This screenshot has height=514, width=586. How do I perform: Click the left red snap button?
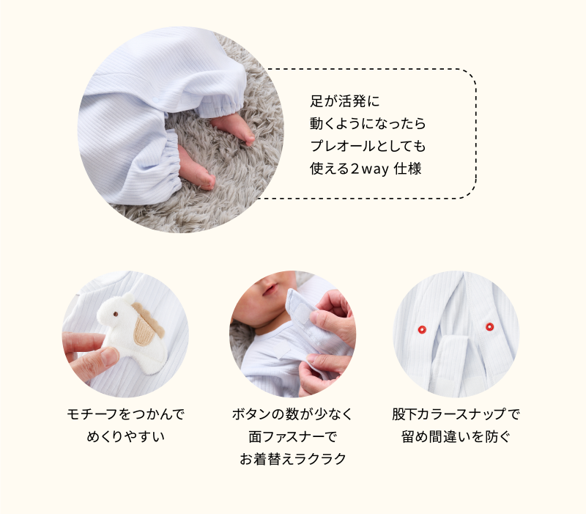coord(422,329)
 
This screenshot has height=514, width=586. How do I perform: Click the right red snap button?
coord(489,327)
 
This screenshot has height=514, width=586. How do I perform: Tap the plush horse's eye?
coord(116,314)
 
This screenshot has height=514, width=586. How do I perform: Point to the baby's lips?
coord(270,289)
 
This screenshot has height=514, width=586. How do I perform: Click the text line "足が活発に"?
coord(344,101)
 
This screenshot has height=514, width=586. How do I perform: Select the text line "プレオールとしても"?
coord(368,146)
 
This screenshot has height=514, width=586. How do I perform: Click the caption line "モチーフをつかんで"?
coord(125,414)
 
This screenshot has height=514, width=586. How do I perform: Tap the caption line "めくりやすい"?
coord(125,436)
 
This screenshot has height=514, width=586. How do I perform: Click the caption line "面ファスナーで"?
coord(292,436)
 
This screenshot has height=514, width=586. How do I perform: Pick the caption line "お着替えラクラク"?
coord(292,459)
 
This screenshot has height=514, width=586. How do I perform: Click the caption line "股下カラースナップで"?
coord(456,414)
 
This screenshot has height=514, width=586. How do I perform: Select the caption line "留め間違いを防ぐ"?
coord(456,436)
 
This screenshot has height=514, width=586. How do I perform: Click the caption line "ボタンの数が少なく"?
coord(292,414)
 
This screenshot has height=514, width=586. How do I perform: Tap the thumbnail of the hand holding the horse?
coord(125,334)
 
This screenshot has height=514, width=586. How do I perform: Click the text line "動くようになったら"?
coord(368,123)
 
